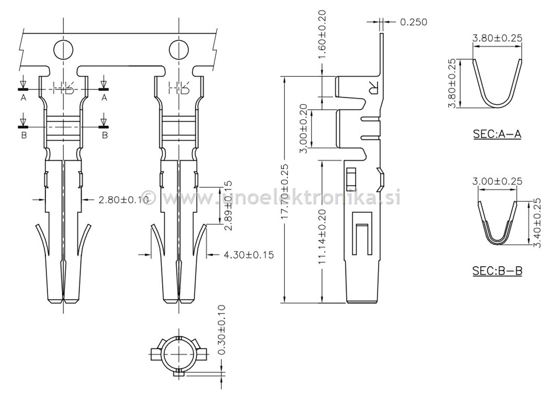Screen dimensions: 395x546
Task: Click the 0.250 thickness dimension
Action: (x=413, y=22)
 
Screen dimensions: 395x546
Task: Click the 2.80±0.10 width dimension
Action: (x=123, y=200)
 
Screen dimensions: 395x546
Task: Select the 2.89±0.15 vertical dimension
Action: (x=227, y=205)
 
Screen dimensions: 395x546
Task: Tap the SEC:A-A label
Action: (x=496, y=134)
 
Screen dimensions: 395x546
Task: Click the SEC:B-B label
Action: (x=497, y=271)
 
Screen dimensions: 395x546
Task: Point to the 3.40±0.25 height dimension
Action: (x=536, y=223)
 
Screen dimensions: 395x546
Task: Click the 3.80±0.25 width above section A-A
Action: (x=497, y=38)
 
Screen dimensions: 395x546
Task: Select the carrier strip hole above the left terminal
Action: (x=62, y=50)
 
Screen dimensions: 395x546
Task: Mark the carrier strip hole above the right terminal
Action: (x=179, y=50)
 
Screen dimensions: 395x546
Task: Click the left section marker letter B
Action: (x=23, y=135)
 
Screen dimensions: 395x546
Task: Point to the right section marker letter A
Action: (x=104, y=98)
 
